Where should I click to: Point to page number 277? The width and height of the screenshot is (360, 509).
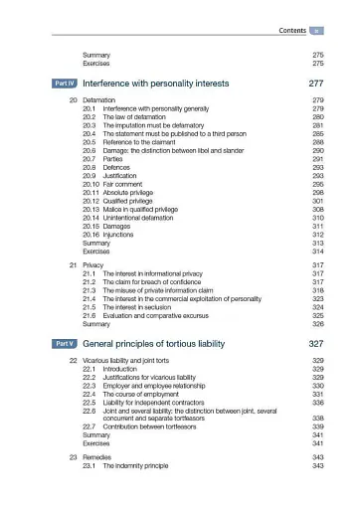tap(317, 85)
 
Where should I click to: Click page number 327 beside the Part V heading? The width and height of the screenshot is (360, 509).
tap(317, 343)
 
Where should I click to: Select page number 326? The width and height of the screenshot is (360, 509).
tap(318, 324)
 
